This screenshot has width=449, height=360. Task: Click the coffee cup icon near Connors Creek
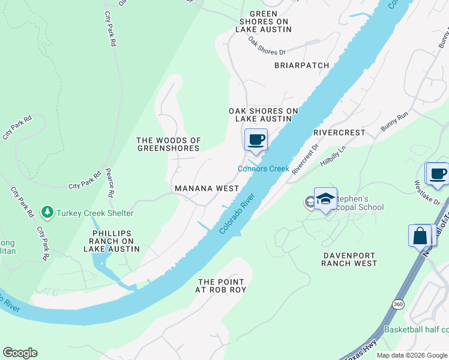pos(256,140)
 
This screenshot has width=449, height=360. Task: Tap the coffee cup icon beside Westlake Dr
pos(437,173)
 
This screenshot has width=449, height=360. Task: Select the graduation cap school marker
pos(325,199)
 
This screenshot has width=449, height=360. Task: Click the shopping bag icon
pos(420,235)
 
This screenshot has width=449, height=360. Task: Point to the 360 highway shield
pos(399,304)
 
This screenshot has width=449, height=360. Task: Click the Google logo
pos(20,353)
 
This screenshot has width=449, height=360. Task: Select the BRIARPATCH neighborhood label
pos(302,65)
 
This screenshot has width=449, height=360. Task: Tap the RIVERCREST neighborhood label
pos(339,132)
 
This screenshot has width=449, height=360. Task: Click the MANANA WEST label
pos(207,188)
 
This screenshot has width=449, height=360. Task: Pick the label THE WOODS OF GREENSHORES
pos(168,145)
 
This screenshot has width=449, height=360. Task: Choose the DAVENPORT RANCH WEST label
pos(350,259)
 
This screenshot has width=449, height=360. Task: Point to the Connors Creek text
pos(264,169)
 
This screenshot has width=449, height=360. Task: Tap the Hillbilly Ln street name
pos(334,156)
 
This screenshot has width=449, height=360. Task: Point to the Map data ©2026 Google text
pos(411,355)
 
